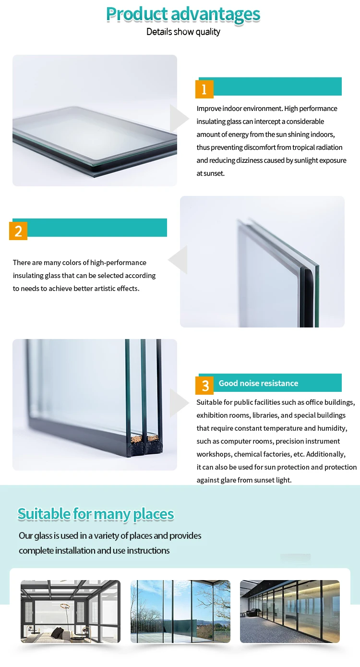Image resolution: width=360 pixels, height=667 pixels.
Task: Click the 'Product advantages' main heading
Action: pos(183,14)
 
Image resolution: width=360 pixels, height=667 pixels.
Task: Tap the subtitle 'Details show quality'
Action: pos(183,32)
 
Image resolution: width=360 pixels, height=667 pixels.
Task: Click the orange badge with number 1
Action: pos(204,89)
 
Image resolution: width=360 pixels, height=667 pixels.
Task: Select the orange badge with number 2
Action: pos(18,231)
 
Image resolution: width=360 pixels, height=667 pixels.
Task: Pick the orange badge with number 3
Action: pos(204,385)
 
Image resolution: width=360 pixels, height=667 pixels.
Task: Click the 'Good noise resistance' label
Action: pos(258,383)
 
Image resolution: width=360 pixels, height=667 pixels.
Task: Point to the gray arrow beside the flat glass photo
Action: pos(179,118)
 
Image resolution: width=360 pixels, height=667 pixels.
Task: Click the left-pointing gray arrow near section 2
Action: pos(178,260)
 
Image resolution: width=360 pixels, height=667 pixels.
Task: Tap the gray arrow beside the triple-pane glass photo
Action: pos(179,402)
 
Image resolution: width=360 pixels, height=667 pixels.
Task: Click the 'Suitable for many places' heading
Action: pos(96,514)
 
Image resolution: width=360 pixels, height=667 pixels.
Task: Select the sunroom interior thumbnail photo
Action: pos(71,611)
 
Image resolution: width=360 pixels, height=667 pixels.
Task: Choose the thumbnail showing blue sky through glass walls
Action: pos(180,611)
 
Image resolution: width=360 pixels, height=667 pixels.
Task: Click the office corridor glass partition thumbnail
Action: pos(290,611)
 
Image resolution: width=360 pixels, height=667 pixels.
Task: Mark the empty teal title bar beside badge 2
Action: pos(97,228)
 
